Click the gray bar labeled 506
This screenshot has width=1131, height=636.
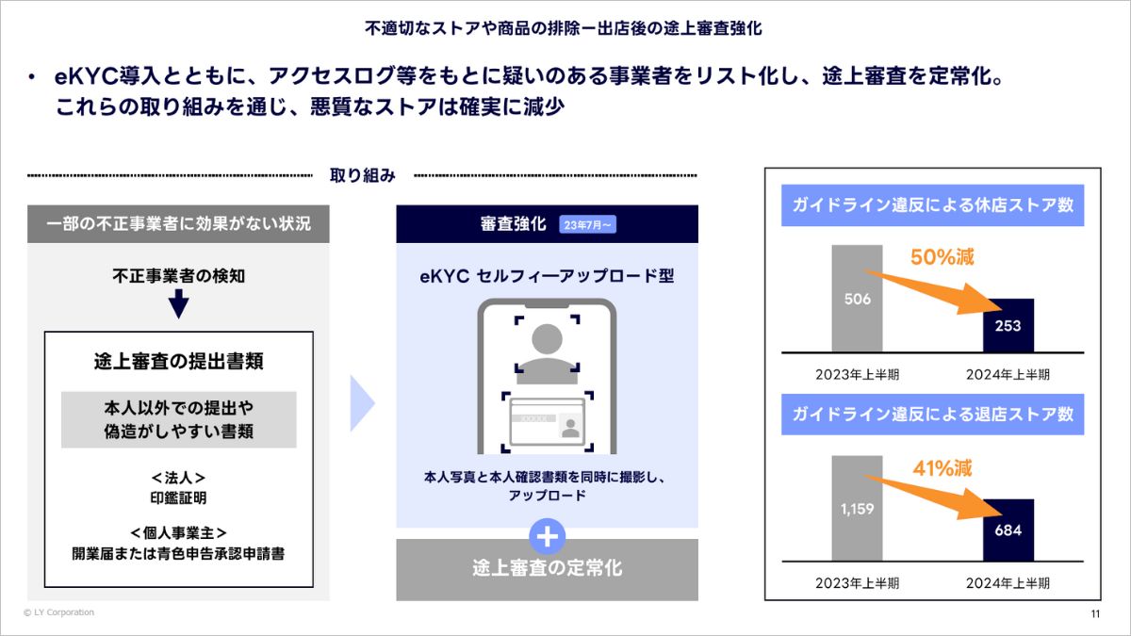[x=857, y=299]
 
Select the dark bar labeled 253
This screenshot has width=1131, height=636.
[x=1008, y=325]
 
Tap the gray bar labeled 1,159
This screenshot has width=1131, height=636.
[x=857, y=509]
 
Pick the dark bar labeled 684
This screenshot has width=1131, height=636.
[x=1008, y=530]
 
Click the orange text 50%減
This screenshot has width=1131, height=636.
[x=942, y=256]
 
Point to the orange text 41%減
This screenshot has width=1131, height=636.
[x=942, y=467]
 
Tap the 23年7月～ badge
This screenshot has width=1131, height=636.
[x=587, y=224]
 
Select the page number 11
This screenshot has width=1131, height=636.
[x=1095, y=614]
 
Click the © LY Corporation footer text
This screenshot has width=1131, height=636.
[x=58, y=612]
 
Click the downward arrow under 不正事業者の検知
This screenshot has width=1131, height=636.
[x=178, y=304]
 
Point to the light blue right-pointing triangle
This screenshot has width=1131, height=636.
[x=362, y=403]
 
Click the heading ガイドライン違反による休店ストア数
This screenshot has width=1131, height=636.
[x=932, y=204]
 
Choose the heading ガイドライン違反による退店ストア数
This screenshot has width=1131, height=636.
[x=932, y=414]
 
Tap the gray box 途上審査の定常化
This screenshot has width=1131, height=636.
[x=547, y=569]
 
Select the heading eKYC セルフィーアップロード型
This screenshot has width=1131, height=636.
[x=547, y=276]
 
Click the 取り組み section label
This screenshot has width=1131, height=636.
[x=362, y=175]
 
